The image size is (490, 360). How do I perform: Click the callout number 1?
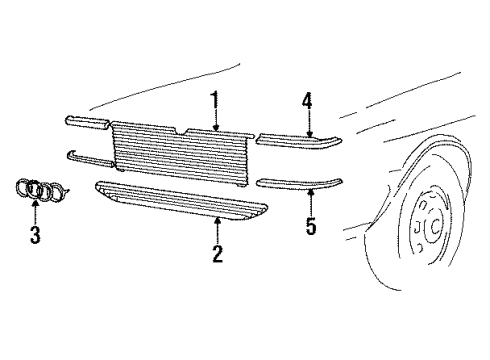pyautogui.click(x=216, y=99)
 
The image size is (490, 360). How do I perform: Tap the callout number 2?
pyautogui.click(x=217, y=254)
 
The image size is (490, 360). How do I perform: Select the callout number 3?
pyautogui.click(x=35, y=235)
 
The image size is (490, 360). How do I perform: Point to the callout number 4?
pyautogui.click(x=307, y=101)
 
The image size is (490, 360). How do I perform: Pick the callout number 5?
pyautogui.click(x=311, y=226)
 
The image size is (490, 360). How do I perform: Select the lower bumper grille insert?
pyautogui.click(x=182, y=201)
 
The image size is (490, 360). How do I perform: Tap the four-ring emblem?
pyautogui.click(x=42, y=190)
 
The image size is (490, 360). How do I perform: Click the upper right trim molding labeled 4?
pyautogui.click(x=299, y=140)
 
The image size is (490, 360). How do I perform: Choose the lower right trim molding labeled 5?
pyautogui.click(x=299, y=183)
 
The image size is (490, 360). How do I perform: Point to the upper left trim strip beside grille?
pyautogui.click(x=87, y=122)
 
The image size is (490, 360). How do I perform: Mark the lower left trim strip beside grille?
pyautogui.click(x=89, y=159)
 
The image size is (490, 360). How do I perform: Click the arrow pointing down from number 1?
pyautogui.click(x=216, y=120)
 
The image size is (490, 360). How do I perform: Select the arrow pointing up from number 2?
pyautogui.click(x=217, y=231)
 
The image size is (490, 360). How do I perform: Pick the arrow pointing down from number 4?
pyautogui.click(x=310, y=123)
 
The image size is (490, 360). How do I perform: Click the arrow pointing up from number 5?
pyautogui.click(x=311, y=202)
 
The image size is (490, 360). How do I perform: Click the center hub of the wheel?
pyautogui.click(x=435, y=226)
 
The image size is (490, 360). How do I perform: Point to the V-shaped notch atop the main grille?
pyautogui.click(x=181, y=131)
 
